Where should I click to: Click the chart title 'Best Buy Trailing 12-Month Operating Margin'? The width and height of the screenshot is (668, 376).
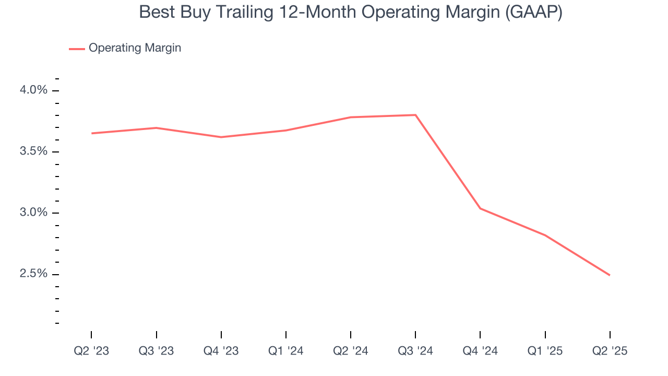[x=350, y=13]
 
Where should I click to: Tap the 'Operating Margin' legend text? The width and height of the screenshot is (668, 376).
[x=135, y=48]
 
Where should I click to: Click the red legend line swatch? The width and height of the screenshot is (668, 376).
[x=77, y=49]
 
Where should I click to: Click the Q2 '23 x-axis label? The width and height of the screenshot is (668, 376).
[x=91, y=351]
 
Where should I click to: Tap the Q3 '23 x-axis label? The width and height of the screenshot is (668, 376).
[x=156, y=351]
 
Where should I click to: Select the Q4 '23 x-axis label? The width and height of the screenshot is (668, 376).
[x=221, y=351]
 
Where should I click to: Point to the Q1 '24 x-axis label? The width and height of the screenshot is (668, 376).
[x=286, y=351]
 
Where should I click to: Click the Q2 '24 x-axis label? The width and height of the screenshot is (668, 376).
[x=351, y=351]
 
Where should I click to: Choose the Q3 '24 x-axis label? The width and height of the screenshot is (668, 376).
[x=415, y=351]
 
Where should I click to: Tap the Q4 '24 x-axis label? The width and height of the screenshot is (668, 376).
[x=480, y=351]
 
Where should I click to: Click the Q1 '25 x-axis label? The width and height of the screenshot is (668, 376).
[x=545, y=351]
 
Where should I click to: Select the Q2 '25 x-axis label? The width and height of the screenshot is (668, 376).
[x=610, y=351]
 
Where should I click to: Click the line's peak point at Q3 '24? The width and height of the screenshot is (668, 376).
[x=415, y=115]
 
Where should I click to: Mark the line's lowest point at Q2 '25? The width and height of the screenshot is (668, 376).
[x=610, y=275]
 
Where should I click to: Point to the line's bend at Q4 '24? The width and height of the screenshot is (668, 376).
[x=480, y=208]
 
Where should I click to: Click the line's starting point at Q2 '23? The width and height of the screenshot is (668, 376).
[x=92, y=133]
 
